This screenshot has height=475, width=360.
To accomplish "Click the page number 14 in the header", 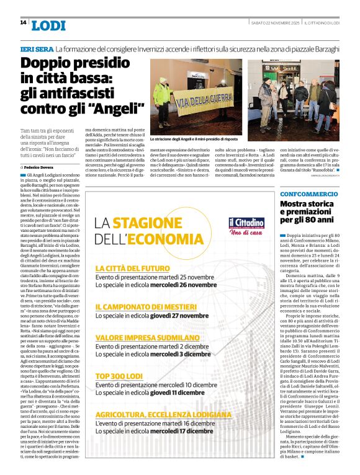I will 23,22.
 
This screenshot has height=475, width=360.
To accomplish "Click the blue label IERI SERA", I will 36,48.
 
